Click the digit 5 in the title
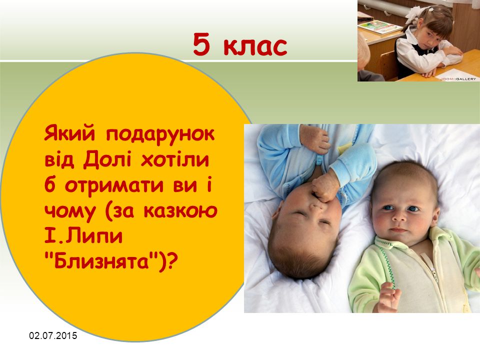pos(201,44)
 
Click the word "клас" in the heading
pos(255,46)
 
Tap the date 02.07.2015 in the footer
pos(53,336)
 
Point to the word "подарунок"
pos(160,135)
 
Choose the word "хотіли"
pos(175,160)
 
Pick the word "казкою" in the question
pos(180,211)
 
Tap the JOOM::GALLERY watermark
pos(458,78)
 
